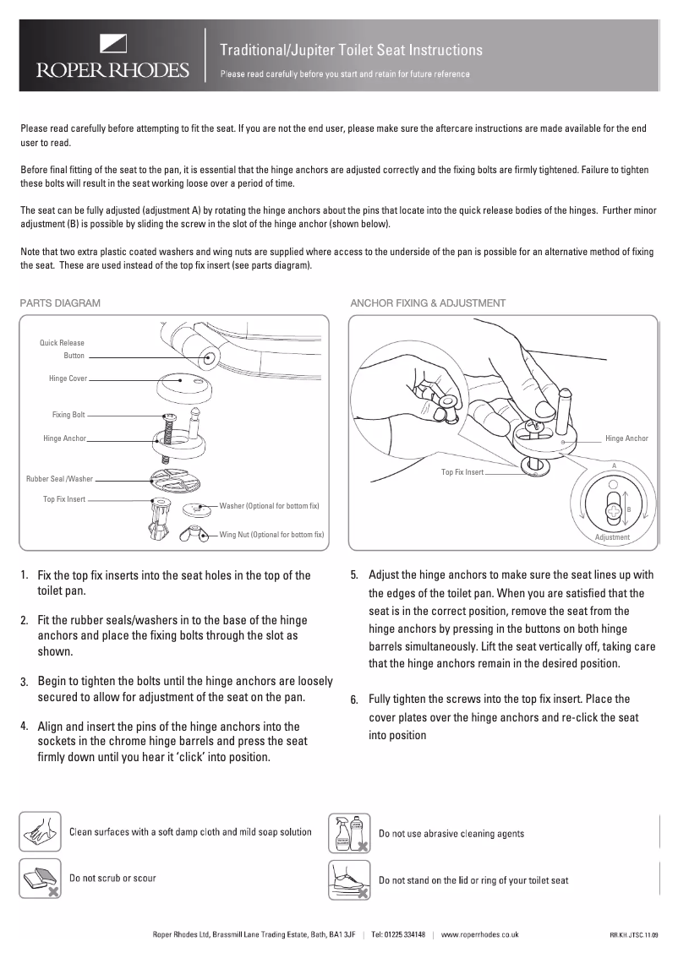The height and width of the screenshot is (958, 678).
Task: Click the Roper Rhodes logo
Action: [x=111, y=57]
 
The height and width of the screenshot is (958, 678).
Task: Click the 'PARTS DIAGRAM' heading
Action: [x=60, y=302]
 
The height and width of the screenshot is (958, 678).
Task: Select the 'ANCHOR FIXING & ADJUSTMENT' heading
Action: [x=428, y=302]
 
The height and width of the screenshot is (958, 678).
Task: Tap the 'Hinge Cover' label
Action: [x=68, y=379]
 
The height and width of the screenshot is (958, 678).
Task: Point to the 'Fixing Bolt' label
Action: [x=68, y=415]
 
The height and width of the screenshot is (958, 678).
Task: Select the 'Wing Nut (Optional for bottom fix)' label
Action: [x=271, y=535]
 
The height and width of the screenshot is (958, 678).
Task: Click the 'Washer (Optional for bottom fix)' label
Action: [x=269, y=505]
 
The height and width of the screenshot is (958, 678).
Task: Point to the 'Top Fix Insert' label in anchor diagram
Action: [x=462, y=471]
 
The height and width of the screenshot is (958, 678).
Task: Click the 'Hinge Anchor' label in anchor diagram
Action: [x=626, y=438]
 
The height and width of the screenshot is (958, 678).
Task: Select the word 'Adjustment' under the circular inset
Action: [x=612, y=537]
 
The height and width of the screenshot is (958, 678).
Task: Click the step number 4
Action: [x=25, y=725]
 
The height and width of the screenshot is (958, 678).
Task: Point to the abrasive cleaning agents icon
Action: [x=349, y=833]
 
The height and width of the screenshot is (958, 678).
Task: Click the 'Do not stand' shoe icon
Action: [x=349, y=880]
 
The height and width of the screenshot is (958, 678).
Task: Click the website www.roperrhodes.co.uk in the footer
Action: [x=479, y=935]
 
